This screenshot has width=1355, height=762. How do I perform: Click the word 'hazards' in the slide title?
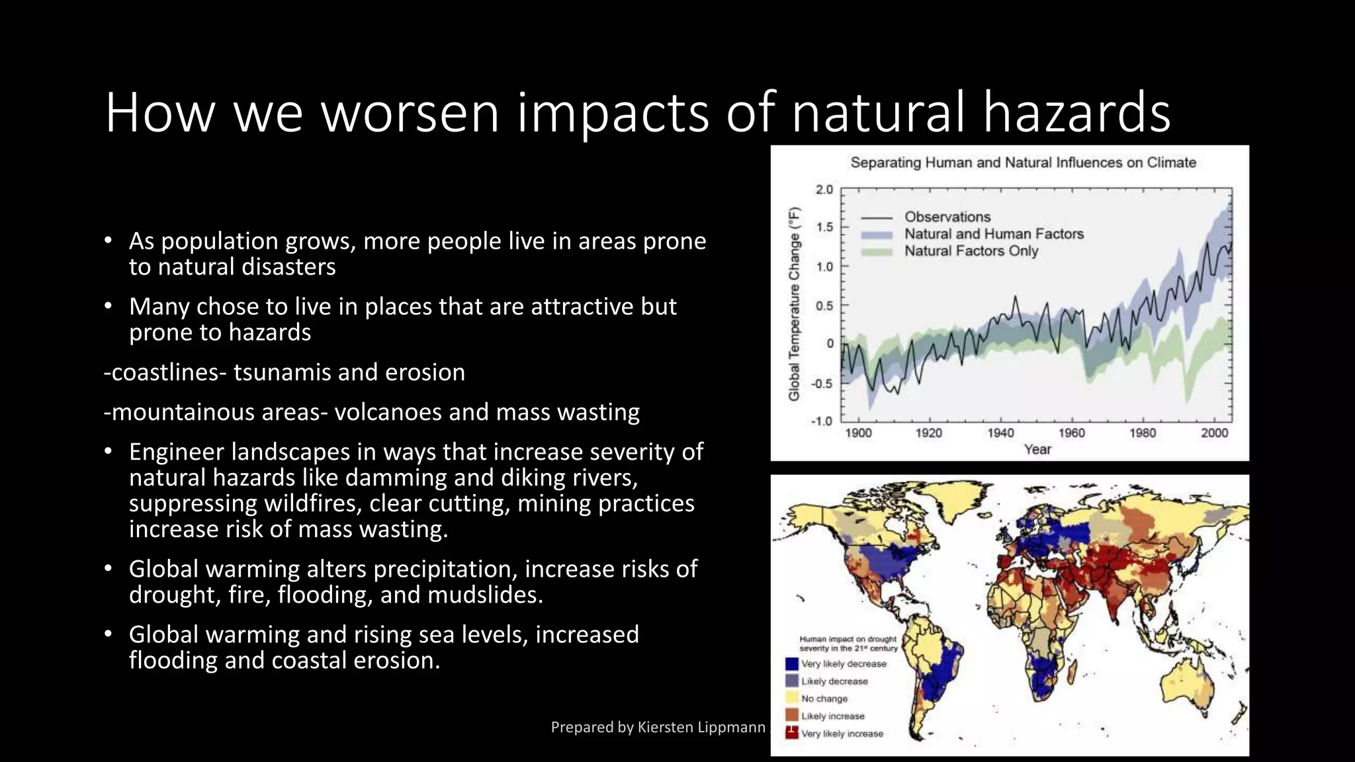1076,112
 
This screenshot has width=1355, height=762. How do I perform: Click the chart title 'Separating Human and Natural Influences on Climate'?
1023,163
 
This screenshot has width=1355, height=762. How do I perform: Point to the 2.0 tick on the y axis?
824,190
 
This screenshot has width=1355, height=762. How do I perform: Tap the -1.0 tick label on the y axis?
822,421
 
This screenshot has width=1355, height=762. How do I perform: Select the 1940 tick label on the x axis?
1000,433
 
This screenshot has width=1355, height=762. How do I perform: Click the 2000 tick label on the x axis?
1214,433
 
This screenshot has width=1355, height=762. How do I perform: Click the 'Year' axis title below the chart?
1037,450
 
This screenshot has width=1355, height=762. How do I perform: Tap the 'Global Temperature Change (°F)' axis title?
795,304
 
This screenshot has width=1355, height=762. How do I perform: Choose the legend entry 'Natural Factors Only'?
971,251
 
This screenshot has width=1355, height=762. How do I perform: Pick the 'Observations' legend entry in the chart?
947,217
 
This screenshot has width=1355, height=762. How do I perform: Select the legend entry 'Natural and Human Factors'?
994,234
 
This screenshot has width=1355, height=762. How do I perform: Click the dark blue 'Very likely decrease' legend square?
791,663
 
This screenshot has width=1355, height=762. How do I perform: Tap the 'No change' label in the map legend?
824,698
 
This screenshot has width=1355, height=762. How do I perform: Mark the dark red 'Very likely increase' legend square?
791,732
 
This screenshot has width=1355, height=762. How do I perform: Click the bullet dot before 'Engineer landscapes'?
109,452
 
